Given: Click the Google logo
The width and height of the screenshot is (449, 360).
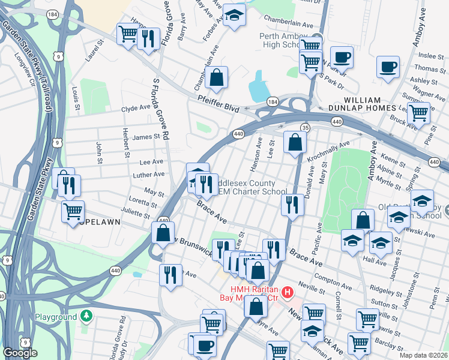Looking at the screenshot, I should point(20,353).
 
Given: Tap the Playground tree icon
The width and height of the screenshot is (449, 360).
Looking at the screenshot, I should point(87,316).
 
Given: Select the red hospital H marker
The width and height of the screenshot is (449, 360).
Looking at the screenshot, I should point(288,293).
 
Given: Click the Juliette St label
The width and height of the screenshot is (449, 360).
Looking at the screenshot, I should point(136,213).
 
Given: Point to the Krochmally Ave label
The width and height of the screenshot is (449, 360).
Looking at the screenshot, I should point(328,152).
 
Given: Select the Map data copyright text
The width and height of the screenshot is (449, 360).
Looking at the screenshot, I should point(424,355).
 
